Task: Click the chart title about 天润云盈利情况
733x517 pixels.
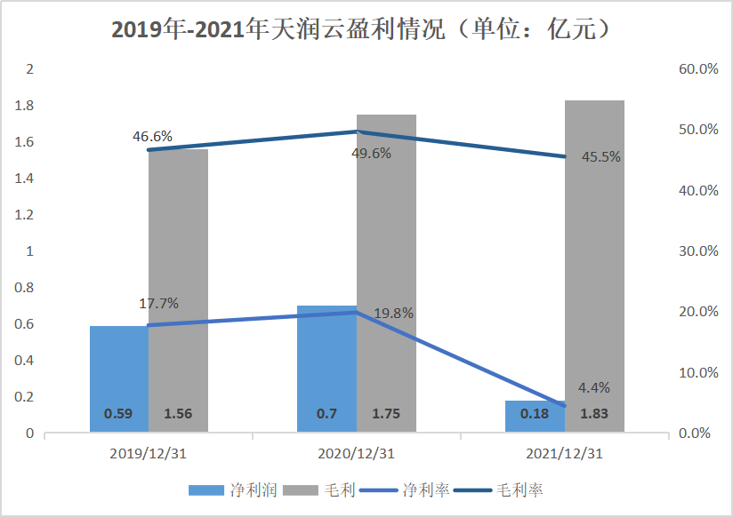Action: click(366, 29)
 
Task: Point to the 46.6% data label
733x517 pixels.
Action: click(152, 137)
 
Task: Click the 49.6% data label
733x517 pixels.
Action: click(371, 152)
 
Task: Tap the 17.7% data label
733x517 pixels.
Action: click(158, 304)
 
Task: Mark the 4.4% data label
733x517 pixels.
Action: click(594, 388)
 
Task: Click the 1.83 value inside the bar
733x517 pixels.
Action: click(594, 414)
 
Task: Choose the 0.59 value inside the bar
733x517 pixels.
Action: click(119, 414)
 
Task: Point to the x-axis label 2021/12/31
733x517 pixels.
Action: click(564, 453)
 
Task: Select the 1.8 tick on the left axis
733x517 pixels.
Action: click(25, 106)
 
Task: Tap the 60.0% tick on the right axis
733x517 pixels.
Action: click(697, 69)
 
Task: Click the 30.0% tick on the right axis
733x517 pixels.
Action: click(697, 251)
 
